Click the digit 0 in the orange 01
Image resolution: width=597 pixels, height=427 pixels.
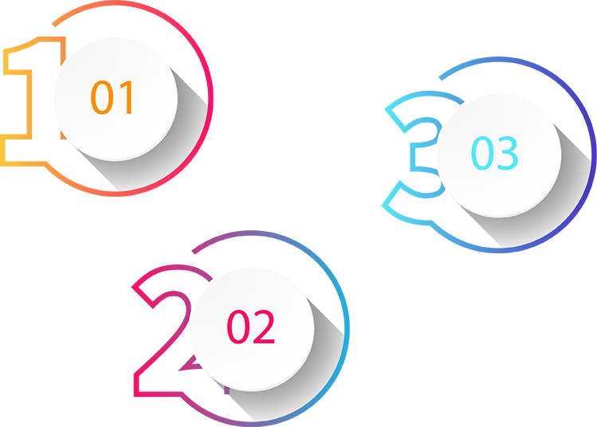click(x=102, y=97)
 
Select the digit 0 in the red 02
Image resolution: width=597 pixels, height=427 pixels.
click(x=238, y=327)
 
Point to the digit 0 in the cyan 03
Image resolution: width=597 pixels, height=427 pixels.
click(x=482, y=153)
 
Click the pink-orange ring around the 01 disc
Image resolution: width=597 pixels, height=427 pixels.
click(x=211, y=98)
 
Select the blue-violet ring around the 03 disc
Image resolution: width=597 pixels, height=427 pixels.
click(x=595, y=155)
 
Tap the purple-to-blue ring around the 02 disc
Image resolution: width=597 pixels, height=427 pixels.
click(x=348, y=328)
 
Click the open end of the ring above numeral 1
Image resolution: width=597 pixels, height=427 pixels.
click(x=53, y=25)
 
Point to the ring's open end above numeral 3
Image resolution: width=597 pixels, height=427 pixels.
click(x=441, y=78)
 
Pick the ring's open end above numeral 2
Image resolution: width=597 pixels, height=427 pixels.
click(x=193, y=252)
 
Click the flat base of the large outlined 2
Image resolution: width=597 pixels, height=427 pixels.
click(x=158, y=394)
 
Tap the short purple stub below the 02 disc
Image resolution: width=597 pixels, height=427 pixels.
click(x=227, y=390)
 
